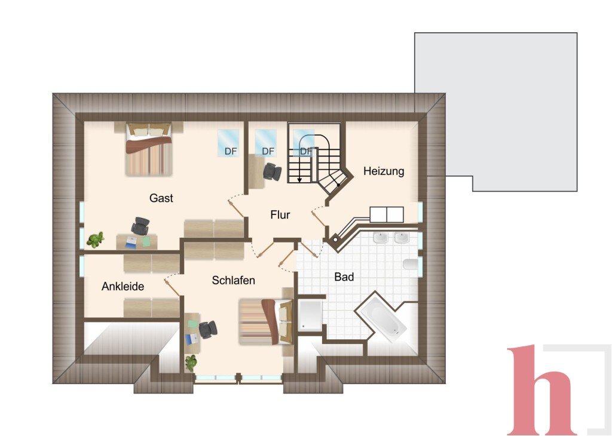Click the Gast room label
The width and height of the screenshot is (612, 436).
click(161, 198)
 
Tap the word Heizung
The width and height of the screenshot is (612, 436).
click(384, 171)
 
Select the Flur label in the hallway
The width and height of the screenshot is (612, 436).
click(280, 214)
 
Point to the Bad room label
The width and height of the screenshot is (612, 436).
click(344, 277)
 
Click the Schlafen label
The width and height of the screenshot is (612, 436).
click(234, 280)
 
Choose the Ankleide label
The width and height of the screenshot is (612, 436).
click(123, 286)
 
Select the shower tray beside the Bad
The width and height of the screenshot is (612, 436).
click(310, 315)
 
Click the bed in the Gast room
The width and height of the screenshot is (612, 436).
click(149, 149)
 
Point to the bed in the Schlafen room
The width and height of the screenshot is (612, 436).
click(266, 322)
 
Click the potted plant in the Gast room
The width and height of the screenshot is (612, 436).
click(95, 240)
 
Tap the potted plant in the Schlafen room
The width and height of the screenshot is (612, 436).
click(191, 363)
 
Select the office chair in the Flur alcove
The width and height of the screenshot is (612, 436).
click(272, 171)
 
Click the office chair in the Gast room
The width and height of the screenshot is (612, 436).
click(140, 226)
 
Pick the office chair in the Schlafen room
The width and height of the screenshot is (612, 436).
click(208, 330)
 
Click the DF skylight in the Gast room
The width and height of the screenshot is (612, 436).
click(228, 143)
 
